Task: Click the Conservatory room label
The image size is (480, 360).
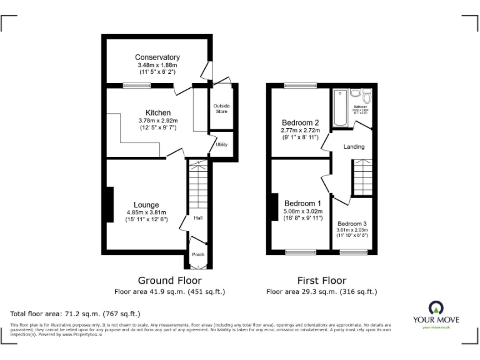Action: (157, 57)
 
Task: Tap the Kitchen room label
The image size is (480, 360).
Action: (157, 112)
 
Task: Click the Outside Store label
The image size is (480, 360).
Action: (221, 109)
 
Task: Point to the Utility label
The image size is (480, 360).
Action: (221, 144)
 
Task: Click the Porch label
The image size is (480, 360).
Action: (197, 254)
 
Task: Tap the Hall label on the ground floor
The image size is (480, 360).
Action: (197, 218)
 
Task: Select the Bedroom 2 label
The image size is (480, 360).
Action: (300, 122)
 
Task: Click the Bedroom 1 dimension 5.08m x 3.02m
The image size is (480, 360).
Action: (303, 211)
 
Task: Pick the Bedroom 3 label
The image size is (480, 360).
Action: (352, 224)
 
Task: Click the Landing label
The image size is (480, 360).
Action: (353, 147)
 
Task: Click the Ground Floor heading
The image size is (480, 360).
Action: (169, 281)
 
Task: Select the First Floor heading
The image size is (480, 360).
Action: (321, 281)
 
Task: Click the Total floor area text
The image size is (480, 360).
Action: (76, 313)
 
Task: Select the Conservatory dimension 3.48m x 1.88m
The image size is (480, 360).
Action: (157, 65)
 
